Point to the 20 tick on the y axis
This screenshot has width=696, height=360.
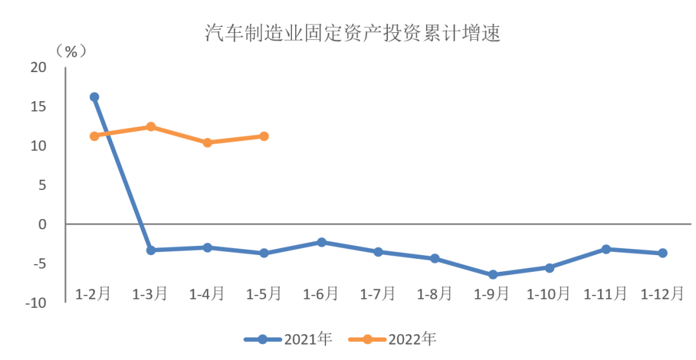click(x=39, y=68)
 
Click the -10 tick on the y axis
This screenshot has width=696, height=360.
click(x=37, y=303)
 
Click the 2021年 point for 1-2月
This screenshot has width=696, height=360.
click(x=94, y=97)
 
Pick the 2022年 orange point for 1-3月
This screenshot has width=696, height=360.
click(x=151, y=127)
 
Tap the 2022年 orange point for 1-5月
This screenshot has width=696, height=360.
click(x=264, y=136)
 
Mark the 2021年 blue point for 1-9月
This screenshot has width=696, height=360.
click(x=492, y=274)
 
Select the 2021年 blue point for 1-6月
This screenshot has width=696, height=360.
click(x=322, y=242)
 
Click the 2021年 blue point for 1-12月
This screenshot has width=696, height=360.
click(x=662, y=253)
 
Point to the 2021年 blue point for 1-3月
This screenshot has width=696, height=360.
click(x=151, y=250)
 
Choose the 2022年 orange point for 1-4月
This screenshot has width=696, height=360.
click(x=208, y=142)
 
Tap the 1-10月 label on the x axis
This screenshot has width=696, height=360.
click(x=548, y=294)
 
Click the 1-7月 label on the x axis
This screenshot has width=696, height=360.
click(x=378, y=294)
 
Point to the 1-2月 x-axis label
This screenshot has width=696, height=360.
click(x=93, y=294)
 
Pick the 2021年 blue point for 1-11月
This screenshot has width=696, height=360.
click(x=606, y=249)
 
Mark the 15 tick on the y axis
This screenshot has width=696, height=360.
click(x=39, y=107)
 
